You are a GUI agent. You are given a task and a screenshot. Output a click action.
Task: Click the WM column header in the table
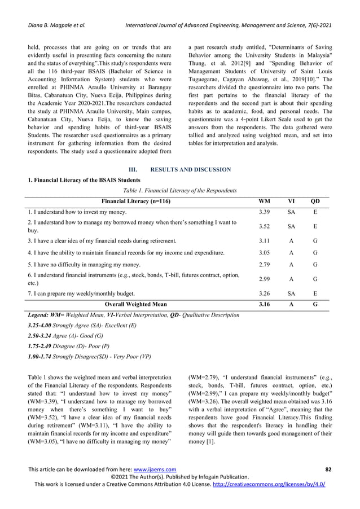(264, 201)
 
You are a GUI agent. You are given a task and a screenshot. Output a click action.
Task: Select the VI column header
(292, 201)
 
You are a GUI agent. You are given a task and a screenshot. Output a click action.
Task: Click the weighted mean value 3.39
(264, 212)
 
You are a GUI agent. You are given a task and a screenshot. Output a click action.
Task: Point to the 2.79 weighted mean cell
(264, 264)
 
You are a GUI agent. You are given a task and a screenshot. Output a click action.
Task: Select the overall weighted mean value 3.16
(264, 304)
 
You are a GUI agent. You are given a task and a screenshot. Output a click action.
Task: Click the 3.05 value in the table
(264, 252)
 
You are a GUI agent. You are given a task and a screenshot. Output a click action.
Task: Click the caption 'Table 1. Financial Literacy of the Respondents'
(179, 190)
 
